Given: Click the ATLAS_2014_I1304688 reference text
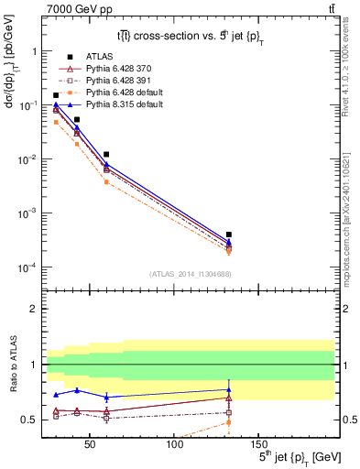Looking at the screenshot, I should pos(191,273).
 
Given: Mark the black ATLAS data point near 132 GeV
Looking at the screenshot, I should pos(228,234).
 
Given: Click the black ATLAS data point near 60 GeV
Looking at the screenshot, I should pos(107,154).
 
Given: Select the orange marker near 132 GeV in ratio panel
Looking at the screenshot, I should pos(228,422).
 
